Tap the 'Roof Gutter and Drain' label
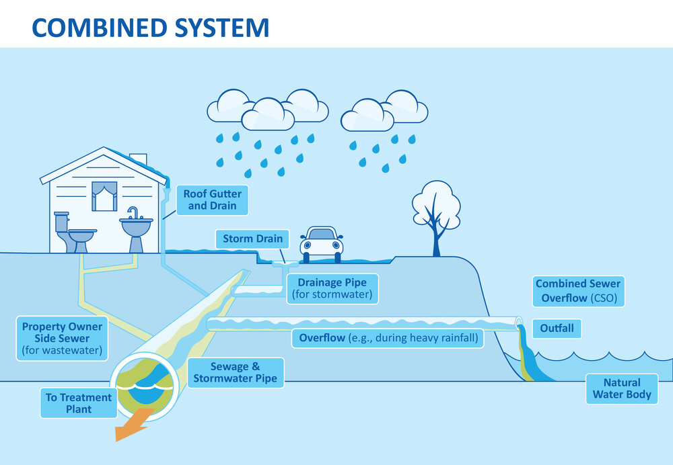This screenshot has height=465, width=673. click(212, 200)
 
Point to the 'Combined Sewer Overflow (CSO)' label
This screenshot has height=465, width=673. click(578, 290)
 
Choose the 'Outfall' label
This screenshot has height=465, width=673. click(557, 329)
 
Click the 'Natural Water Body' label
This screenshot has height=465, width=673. click(621, 388)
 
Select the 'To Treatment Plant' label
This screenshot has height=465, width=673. click(78, 403)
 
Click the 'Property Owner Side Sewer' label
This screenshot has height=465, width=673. click(62, 338)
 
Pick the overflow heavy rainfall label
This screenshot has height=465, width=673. click(388, 337)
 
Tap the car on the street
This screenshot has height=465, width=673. click(322, 243)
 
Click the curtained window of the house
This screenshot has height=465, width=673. click(104, 196)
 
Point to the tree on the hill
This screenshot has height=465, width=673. click(435, 214)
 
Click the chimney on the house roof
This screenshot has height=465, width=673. click(138, 159)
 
